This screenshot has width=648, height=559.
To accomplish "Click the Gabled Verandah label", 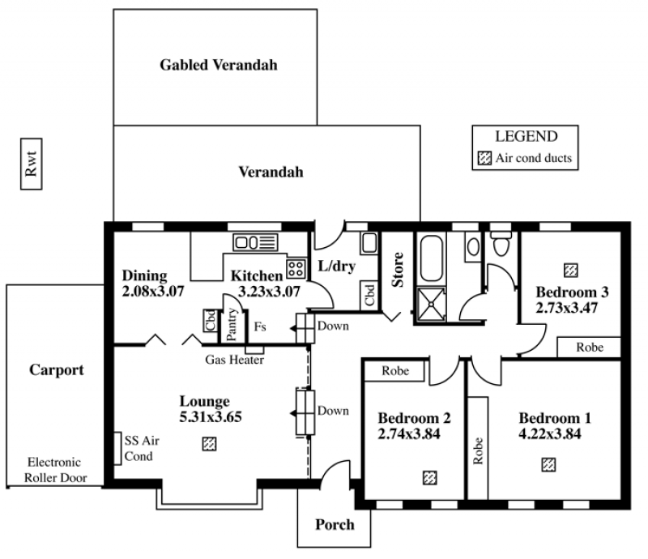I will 219,65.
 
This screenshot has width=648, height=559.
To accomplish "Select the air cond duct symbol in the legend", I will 484,159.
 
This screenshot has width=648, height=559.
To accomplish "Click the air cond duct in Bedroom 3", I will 570,269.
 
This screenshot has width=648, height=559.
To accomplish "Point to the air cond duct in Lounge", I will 209,443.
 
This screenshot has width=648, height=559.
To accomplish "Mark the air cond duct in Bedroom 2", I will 428,478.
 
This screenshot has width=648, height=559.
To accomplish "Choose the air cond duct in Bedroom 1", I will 548,464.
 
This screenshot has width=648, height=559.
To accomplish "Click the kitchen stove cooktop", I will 296,267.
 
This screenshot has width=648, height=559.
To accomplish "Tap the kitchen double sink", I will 255,241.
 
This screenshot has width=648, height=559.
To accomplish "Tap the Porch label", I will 335,524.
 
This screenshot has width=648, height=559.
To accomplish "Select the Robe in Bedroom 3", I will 589,347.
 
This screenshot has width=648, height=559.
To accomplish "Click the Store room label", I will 398,271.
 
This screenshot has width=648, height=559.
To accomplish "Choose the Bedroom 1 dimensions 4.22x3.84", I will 555,433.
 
